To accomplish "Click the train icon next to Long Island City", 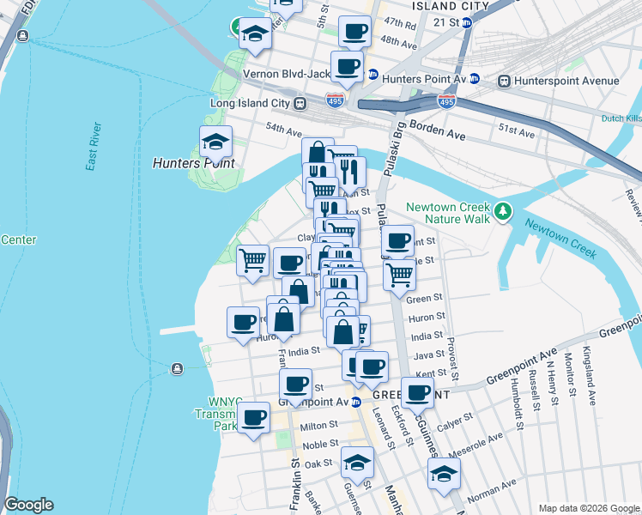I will click(x=300, y=103).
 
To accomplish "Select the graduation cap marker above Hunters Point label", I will click(x=215, y=140).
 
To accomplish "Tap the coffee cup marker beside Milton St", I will click(x=252, y=418).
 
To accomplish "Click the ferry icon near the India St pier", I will click(x=177, y=368).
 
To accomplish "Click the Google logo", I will click(x=28, y=504).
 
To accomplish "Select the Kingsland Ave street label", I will click(x=591, y=376).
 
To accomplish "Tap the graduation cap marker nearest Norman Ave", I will click(x=444, y=472).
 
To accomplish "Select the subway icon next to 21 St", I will click(x=467, y=22).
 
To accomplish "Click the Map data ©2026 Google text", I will click(x=588, y=508).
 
